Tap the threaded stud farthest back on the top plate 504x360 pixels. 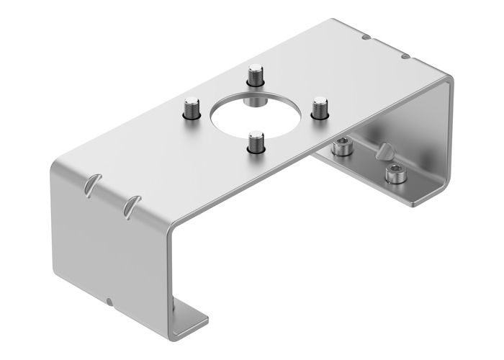[255, 76]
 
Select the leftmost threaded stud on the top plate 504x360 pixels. [192, 108]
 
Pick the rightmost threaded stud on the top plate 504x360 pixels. [320, 108]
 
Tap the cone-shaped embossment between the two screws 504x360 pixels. [386, 153]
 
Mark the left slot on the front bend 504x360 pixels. [90, 184]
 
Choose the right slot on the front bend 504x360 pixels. [130, 205]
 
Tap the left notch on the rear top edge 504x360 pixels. [367, 36]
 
